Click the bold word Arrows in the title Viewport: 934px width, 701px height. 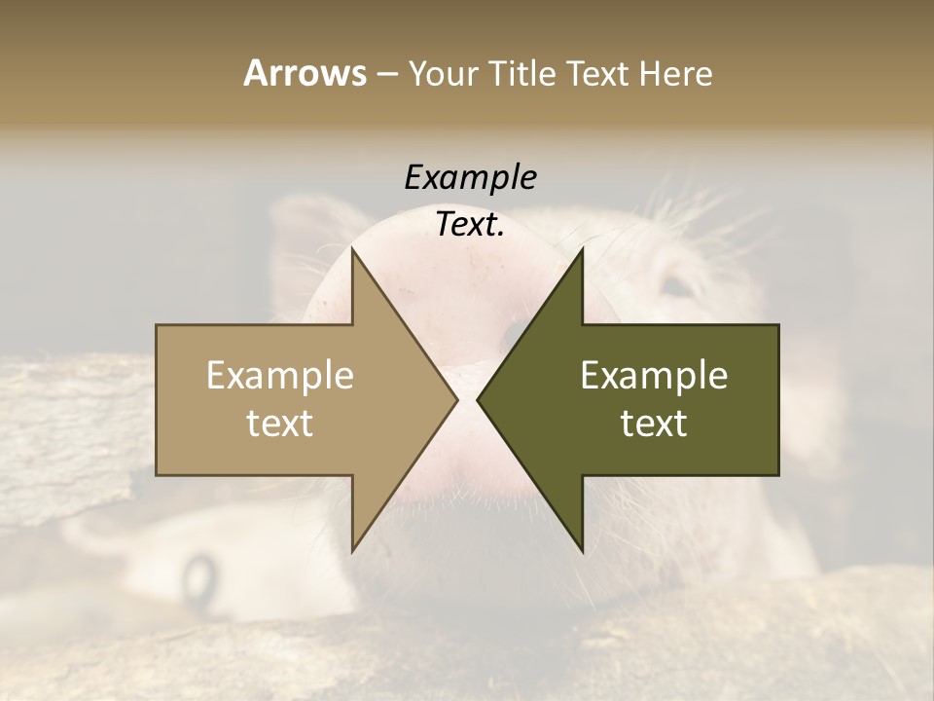pos(305,73)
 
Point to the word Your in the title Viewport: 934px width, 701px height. pos(443,74)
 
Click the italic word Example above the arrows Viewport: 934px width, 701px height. pos(470,177)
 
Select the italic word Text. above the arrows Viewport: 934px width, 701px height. pos(470,224)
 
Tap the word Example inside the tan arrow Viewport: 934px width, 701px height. pos(280,376)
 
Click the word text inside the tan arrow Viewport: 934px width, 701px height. pos(280,424)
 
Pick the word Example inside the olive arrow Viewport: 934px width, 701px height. pos(654,376)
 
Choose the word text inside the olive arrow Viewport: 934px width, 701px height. pos(654,424)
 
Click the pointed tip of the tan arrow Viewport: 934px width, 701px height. pos(456,399)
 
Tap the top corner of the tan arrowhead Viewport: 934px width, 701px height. pos(353,249)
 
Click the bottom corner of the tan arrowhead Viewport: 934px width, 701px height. pos(353,551)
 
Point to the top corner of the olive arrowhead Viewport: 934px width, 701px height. pos(582,249)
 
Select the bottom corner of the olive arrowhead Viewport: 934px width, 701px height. pos(582,551)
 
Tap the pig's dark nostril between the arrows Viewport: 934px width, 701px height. pos(513,333)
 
